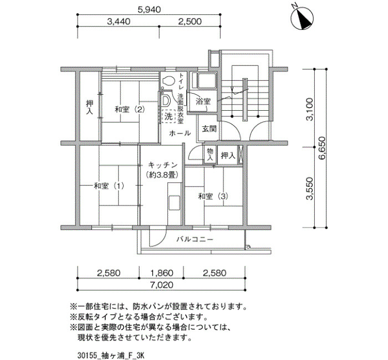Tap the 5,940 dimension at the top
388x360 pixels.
tap(149, 9)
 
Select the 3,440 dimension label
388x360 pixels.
tap(119, 21)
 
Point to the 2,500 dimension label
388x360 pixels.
tap(190, 21)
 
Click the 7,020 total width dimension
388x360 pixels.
tap(161, 285)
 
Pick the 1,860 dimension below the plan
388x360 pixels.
tap(162, 273)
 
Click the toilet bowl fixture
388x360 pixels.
tap(168, 81)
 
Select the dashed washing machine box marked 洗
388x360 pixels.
tap(169, 116)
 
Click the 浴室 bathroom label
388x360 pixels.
tap(203, 101)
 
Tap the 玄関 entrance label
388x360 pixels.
tap(209, 128)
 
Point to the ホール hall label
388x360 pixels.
tap(180, 133)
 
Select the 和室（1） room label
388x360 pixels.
tap(109, 186)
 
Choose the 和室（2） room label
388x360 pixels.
tap(130, 109)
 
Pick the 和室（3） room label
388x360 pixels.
tap(213, 196)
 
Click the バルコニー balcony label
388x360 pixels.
tap(195, 239)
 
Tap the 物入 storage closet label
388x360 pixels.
tap(210, 154)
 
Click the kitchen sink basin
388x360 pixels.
tap(174, 203)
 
